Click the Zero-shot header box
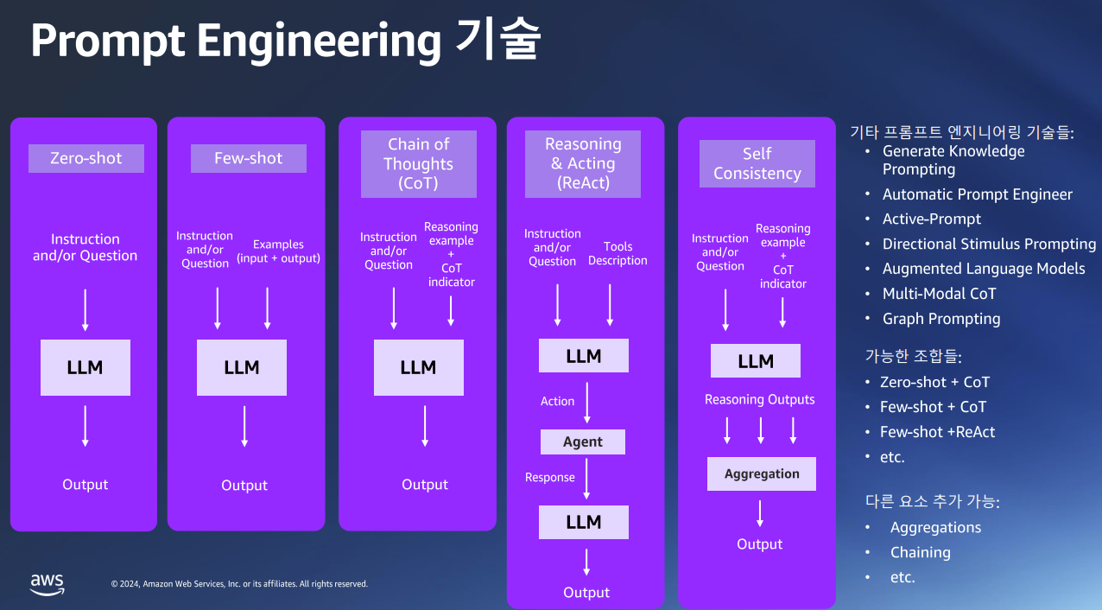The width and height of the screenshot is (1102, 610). pyautogui.click(x=86, y=158)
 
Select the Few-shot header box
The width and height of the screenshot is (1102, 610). pyautogui.click(x=249, y=158)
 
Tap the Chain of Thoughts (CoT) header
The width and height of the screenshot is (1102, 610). pyautogui.click(x=419, y=164)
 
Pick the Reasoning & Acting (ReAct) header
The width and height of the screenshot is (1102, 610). pyautogui.click(x=583, y=164)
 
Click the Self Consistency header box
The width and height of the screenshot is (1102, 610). pyautogui.click(x=757, y=163)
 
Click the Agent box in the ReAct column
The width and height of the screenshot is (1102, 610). pyautogui.click(x=583, y=442)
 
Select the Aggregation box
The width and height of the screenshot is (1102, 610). pyautogui.click(x=762, y=473)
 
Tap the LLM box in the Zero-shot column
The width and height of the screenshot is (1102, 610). pyautogui.click(x=85, y=367)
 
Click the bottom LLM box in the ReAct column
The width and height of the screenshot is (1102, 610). pyautogui.click(x=584, y=522)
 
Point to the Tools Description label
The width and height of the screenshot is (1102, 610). pyautogui.click(x=617, y=253)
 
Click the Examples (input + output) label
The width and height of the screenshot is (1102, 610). pyautogui.click(x=278, y=251)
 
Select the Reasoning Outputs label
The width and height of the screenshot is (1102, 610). pyautogui.click(x=760, y=399)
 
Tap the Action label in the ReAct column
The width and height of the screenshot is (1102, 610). pyautogui.click(x=557, y=401)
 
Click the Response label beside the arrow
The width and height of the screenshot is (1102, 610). pyautogui.click(x=549, y=477)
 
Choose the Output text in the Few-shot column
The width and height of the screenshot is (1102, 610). pyautogui.click(x=244, y=486)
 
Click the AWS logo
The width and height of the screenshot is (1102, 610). pyautogui.click(x=47, y=584)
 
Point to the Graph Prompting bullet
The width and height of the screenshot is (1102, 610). pyautogui.click(x=941, y=319)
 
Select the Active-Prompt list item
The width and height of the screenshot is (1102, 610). pyautogui.click(x=931, y=219)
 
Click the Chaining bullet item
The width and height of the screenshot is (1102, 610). pyautogui.click(x=921, y=552)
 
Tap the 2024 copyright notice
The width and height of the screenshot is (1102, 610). pyautogui.click(x=239, y=584)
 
